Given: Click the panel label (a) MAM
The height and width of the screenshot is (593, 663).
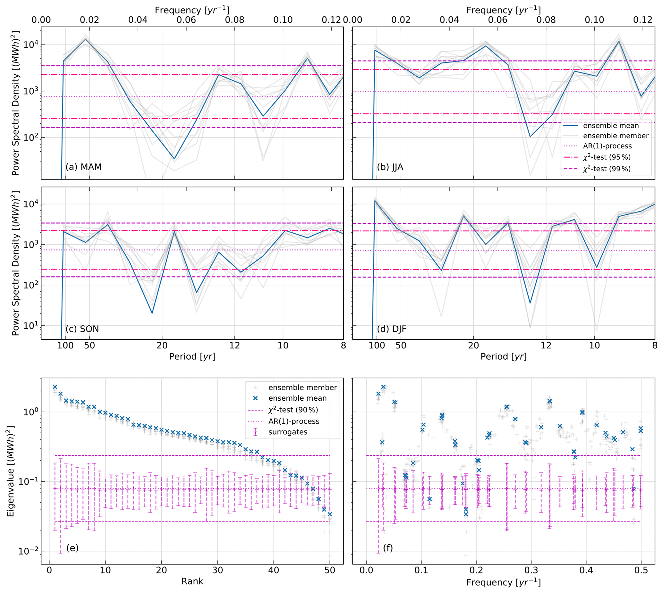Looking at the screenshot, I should tap(83, 167).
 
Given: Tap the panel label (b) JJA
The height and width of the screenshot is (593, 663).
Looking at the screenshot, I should tap(390, 167).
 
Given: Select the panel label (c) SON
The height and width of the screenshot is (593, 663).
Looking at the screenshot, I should tap(82, 329).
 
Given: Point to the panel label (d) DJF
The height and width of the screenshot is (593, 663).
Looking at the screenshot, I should tap(392, 329).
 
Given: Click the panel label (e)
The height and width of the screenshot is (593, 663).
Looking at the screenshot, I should tap(72, 548).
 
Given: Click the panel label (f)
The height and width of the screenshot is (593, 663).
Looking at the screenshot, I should tap(388, 548).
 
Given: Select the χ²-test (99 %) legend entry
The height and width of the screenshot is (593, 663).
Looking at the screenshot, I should tap(607, 169).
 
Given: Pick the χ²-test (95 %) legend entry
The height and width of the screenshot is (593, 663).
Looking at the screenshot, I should tap(607, 157).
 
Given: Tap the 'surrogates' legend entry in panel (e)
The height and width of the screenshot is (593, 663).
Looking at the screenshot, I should tap(287, 432).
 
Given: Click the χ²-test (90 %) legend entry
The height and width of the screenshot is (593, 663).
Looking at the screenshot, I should tap(293, 410).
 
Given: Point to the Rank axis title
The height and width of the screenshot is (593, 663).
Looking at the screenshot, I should tap(192, 581).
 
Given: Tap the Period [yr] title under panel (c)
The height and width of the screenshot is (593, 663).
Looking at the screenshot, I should tap(192, 356).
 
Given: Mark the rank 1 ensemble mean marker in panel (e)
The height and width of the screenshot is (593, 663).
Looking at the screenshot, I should tap(55, 387).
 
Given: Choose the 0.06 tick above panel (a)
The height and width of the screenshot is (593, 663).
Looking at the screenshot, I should tap(186, 20).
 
